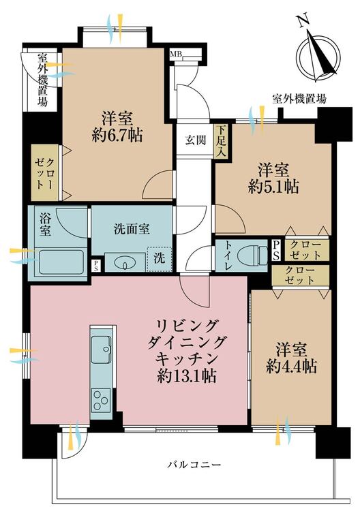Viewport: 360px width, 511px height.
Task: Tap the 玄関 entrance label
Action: pyautogui.click(x=196, y=141)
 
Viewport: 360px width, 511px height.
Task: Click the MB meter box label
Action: pyautogui.click(x=176, y=54)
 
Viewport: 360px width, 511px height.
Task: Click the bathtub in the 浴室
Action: pyautogui.click(x=61, y=262)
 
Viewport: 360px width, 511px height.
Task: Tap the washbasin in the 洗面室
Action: pyautogui.click(x=125, y=262)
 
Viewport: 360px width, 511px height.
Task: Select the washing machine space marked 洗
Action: pyautogui.click(x=159, y=259)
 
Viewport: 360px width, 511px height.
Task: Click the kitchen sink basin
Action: pyautogui.click(x=101, y=350)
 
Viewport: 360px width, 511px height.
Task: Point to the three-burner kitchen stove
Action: pyautogui.click(x=101, y=400)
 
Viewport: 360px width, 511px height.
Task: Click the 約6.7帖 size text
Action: pyautogui.click(x=117, y=136)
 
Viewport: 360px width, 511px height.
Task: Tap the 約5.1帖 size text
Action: pyautogui.click(x=273, y=187)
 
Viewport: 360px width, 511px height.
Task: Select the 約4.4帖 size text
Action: pyautogui.click(x=291, y=367)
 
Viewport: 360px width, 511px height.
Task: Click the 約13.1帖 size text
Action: pyautogui.click(x=187, y=376)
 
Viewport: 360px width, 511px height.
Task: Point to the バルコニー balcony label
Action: pyautogui.click(x=194, y=464)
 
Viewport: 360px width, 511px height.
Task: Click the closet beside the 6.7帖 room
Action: pyautogui.click(x=45, y=173)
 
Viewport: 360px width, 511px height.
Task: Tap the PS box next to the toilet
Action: pyautogui.click(x=276, y=250)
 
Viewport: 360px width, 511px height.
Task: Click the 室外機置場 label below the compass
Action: pyautogui.click(x=299, y=98)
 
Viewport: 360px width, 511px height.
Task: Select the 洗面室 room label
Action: pyautogui.click(x=132, y=229)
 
